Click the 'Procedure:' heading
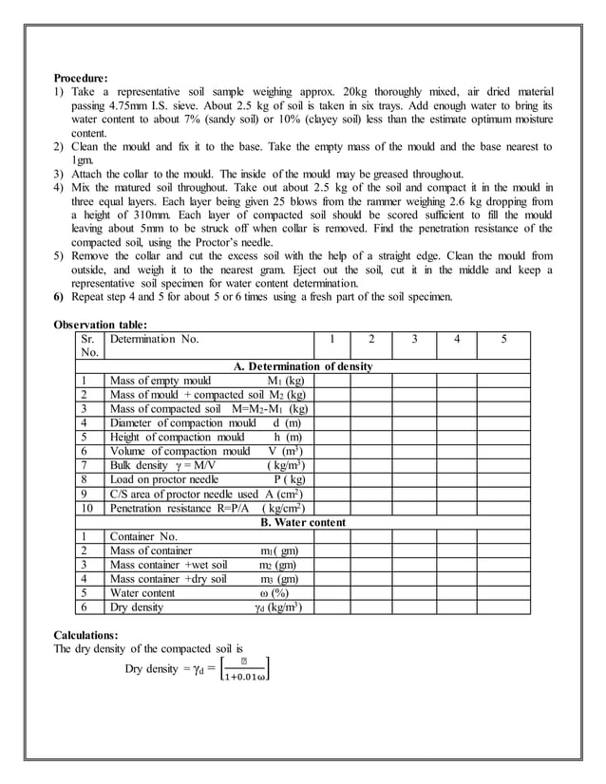81,77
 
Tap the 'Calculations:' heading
85,634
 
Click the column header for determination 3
415,339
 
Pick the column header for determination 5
502,339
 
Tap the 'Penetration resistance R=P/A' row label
171,509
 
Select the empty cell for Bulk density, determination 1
331,466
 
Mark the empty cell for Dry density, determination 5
502,607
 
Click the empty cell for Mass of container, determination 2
372,551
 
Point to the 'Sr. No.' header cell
89,345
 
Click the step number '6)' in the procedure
59,297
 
